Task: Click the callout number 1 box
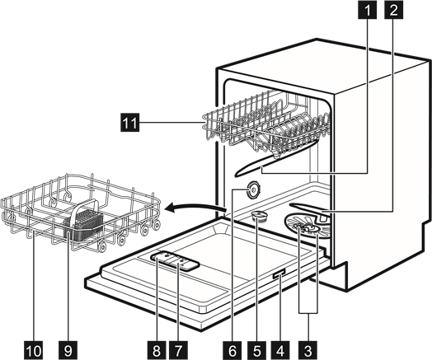click(367, 10)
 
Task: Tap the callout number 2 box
click(393, 10)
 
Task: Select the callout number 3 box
click(308, 350)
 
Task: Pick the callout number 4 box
click(280, 350)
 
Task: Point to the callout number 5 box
click(256, 350)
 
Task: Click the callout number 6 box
click(232, 350)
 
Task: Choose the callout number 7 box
click(178, 350)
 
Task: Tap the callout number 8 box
click(156, 350)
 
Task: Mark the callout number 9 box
click(68, 350)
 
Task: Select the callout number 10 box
click(34, 350)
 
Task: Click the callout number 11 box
click(129, 122)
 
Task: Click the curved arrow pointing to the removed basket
click(195, 208)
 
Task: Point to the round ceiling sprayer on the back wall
click(252, 189)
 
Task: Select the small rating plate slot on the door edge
click(279, 274)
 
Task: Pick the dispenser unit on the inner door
click(175, 260)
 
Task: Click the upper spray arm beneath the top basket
click(276, 158)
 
